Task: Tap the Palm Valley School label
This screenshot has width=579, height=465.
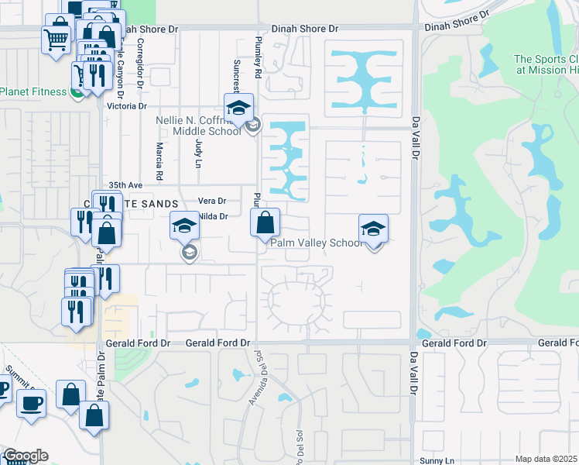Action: [316, 243]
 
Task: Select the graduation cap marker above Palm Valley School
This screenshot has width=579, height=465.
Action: [373, 229]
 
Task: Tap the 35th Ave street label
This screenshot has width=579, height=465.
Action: [125, 185]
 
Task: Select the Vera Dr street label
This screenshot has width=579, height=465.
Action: [211, 201]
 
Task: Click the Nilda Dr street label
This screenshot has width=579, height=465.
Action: [214, 217]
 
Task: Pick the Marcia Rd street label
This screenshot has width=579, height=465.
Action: [159, 161]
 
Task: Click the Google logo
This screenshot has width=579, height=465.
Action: [25, 456]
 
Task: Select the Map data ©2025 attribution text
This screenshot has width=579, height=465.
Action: [546, 459]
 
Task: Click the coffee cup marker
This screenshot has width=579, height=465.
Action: [31, 403]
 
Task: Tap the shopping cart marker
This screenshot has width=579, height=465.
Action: [56, 38]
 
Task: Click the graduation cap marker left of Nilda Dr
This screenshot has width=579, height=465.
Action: [185, 226]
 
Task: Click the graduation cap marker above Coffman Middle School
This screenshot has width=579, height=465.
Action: [239, 107]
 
